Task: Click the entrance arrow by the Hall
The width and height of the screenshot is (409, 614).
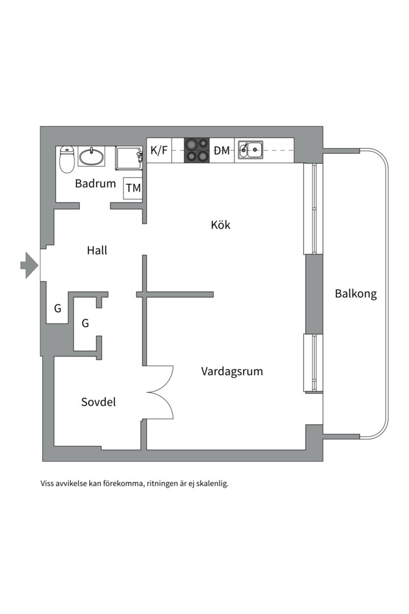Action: tap(28, 265)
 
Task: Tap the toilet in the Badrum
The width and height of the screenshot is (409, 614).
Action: tap(67, 160)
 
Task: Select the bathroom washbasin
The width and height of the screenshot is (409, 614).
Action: tap(91, 156)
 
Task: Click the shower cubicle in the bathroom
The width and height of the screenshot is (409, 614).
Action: tap(129, 157)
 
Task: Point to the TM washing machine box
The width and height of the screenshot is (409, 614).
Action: tap(133, 188)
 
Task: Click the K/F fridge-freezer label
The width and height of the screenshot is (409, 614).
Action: tap(159, 151)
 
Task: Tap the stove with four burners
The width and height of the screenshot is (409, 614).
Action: tap(197, 151)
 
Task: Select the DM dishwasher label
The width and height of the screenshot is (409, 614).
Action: tap(222, 151)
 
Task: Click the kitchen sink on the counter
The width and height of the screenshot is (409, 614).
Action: tap(250, 151)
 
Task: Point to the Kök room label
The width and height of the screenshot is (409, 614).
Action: tap(220, 225)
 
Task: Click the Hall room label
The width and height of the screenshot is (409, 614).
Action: tap(97, 250)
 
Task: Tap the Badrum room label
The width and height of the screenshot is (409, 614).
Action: tap(95, 184)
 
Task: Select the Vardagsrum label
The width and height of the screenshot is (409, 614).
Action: tap(232, 372)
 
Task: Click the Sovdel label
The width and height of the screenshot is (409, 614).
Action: tap(98, 402)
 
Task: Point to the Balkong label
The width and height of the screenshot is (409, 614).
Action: tap(356, 294)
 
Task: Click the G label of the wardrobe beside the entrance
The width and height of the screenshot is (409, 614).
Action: tap(57, 309)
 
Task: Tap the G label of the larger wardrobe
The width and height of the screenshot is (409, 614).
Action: tap(85, 323)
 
